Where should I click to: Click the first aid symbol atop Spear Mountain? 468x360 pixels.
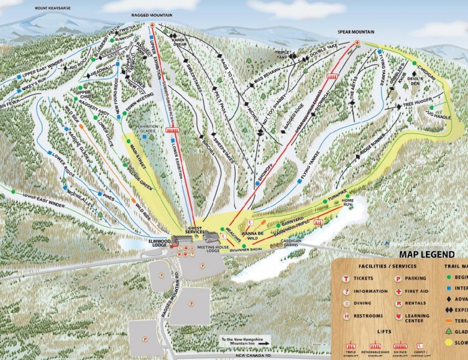tap(358, 43)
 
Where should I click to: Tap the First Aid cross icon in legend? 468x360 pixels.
tap(398, 291)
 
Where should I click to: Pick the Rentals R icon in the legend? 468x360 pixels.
tap(398, 304)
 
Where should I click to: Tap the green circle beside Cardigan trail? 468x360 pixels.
tap(413, 63)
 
